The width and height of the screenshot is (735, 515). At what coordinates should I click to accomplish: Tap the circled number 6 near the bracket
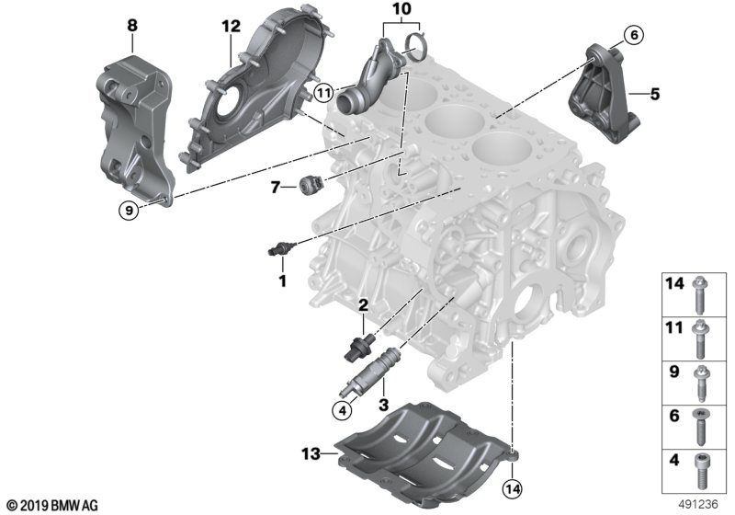[632, 35]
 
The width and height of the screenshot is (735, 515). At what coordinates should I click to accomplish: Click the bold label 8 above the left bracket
[132, 27]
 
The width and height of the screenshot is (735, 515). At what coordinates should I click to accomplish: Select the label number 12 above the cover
[229, 27]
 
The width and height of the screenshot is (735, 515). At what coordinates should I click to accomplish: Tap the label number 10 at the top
[400, 11]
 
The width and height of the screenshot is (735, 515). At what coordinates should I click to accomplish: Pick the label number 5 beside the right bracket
[654, 94]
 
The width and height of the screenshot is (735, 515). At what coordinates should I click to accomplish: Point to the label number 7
[276, 188]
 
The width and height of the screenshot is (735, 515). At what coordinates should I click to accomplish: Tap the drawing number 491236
[701, 504]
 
